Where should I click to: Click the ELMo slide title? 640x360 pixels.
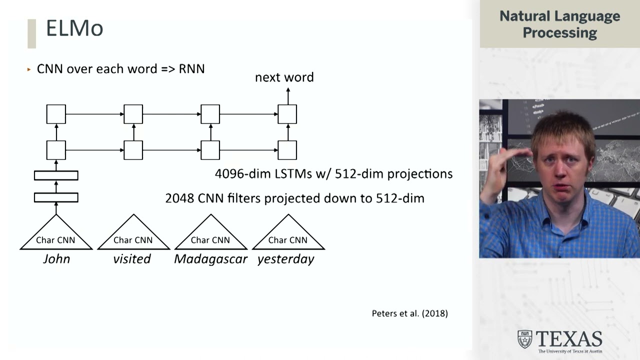(x=74, y=28)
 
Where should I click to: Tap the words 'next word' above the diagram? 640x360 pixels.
(x=284, y=77)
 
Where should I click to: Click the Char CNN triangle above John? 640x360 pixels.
(x=56, y=235)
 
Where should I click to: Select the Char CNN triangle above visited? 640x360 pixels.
(x=133, y=235)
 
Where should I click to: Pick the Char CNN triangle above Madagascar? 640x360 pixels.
(x=210, y=235)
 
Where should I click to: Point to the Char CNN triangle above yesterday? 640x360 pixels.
(x=288, y=235)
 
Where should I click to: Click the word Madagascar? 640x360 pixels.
(x=210, y=259)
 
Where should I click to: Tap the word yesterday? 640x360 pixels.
(x=285, y=259)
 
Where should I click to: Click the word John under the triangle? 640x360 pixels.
(x=56, y=259)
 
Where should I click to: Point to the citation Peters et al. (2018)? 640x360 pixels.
(x=409, y=313)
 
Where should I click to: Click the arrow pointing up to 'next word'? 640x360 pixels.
(x=287, y=95)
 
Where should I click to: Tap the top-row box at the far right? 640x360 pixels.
(x=287, y=114)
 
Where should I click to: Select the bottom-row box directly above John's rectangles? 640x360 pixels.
(x=56, y=150)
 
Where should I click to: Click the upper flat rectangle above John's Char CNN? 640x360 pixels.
(x=56, y=175)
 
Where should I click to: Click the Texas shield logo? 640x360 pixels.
(x=524, y=339)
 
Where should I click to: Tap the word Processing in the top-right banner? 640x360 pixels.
(x=559, y=33)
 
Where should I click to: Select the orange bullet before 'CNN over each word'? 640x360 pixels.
(x=29, y=69)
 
